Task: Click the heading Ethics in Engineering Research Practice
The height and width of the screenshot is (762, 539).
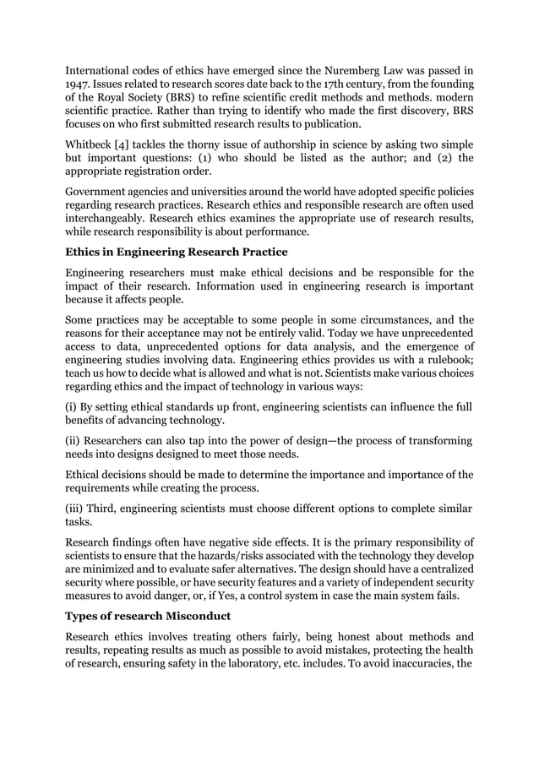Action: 177,252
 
